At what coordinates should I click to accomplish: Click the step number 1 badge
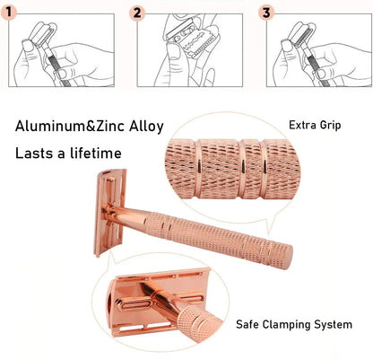[8, 13]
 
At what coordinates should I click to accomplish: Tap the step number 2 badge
[137, 13]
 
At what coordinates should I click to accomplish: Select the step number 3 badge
[266, 13]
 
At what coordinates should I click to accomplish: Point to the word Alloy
[146, 127]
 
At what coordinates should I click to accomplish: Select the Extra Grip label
[315, 125]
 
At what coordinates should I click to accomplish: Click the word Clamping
[287, 325]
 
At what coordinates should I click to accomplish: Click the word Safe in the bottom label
[247, 324]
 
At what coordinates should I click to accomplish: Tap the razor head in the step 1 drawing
[42, 33]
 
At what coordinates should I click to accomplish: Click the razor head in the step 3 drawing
[302, 33]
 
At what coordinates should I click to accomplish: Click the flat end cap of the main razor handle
[287, 257]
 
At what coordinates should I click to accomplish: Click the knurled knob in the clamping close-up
[198, 322]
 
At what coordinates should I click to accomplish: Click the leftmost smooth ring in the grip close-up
[198, 170]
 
